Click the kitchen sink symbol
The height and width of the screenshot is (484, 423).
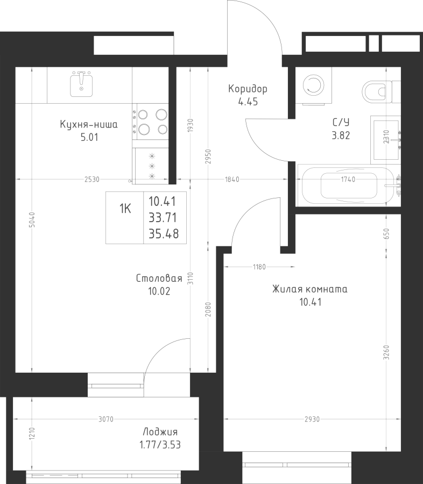[x=82, y=84]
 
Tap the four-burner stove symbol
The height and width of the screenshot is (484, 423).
[x=151, y=122]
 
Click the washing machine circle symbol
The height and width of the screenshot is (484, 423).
[x=314, y=85]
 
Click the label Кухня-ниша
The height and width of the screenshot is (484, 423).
[x=89, y=125]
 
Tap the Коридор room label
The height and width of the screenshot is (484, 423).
[x=248, y=89]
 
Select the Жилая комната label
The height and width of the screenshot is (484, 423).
[x=310, y=289]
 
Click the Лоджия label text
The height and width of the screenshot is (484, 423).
[x=160, y=432]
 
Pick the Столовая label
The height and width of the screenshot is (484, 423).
[x=159, y=279]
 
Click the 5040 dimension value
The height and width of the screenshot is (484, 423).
[x=33, y=219]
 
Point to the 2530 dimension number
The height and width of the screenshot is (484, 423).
[x=92, y=179]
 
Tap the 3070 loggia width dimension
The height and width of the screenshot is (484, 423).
[x=106, y=419]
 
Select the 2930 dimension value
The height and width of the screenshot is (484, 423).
[x=312, y=419]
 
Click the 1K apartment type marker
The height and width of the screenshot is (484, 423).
[x=125, y=209]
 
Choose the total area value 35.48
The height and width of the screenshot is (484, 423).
[x=164, y=234]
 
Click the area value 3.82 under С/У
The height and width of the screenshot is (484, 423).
[x=341, y=136]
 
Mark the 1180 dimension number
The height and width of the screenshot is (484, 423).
[x=259, y=267]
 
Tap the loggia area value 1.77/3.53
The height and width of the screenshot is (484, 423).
[x=160, y=445]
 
